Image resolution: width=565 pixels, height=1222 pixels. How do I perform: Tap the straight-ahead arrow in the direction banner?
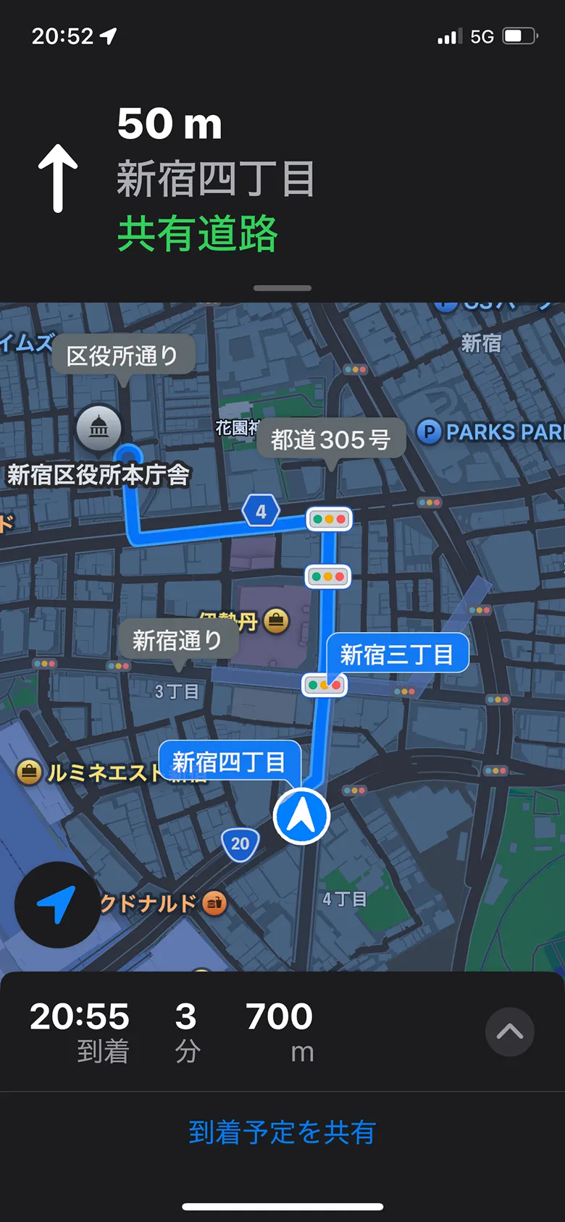click(58, 178)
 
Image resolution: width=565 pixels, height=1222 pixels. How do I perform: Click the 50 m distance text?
click(169, 124)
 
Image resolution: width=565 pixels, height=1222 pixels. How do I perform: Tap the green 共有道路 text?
click(197, 233)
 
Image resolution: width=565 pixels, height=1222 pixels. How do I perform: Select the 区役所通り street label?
click(122, 355)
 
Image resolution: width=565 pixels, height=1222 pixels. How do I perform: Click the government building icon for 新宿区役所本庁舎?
click(99, 428)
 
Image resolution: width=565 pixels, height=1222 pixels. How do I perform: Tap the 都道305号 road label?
click(330, 439)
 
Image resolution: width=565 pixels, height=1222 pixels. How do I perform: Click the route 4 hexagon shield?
click(261, 511)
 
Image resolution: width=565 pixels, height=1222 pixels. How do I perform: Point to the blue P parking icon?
click(429, 432)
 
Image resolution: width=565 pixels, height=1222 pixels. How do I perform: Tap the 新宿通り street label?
click(177, 640)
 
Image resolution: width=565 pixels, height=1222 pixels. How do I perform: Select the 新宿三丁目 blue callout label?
click(397, 654)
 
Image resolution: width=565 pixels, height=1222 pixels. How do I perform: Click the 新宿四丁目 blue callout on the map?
click(229, 762)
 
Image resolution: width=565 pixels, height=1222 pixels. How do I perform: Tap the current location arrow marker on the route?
click(301, 817)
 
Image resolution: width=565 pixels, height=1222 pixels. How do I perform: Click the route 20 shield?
click(240, 843)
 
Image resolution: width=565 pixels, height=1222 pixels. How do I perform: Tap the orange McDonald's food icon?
click(214, 903)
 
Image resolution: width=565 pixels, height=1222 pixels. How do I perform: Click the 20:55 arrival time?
click(80, 1016)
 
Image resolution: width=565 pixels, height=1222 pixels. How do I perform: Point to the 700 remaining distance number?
click(279, 1016)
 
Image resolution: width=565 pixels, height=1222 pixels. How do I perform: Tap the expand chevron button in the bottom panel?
click(510, 1032)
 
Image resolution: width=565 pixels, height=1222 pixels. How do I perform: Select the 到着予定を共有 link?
click(282, 1132)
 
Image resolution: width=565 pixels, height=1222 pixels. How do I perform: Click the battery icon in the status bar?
click(519, 36)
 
